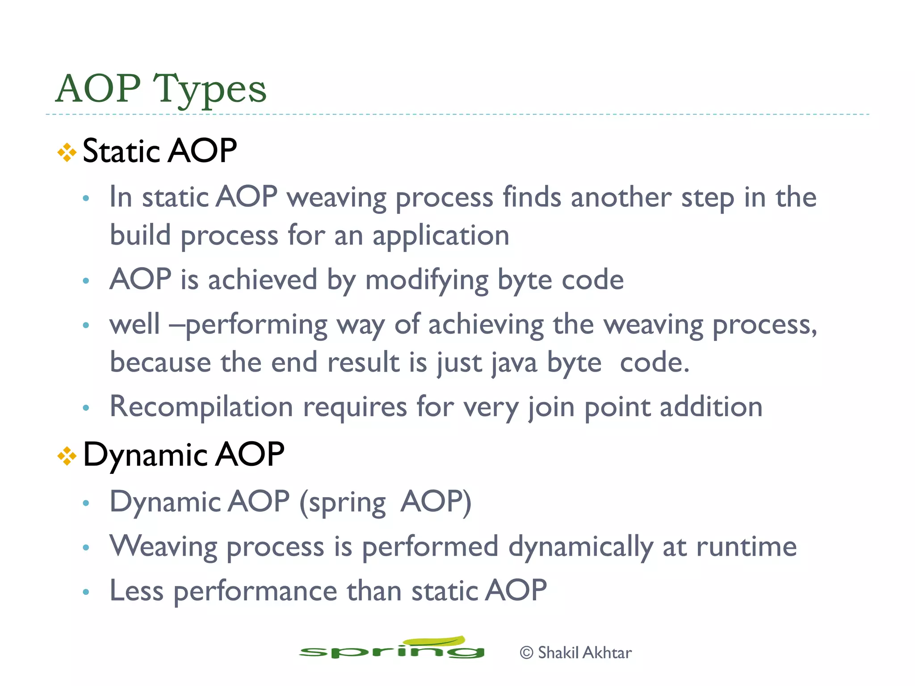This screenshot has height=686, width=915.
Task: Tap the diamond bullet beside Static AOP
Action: tap(67, 152)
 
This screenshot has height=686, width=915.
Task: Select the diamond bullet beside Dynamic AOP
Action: tap(67, 456)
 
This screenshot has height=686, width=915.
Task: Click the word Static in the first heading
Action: tap(121, 151)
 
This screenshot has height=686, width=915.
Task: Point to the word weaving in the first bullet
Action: tap(336, 197)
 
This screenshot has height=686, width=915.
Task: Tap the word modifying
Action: tap(427, 280)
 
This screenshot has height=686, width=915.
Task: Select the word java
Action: tap(514, 363)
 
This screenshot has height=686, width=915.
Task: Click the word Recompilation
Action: tap(201, 407)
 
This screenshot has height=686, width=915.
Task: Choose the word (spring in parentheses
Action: tap(342, 502)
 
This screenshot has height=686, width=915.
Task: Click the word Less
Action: tap(136, 591)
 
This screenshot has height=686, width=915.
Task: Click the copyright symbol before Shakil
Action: tap(526, 653)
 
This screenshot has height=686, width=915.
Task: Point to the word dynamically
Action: tap(581, 548)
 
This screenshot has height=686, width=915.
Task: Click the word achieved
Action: tap(262, 280)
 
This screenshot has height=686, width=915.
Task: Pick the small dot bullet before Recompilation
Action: tap(86, 407)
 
